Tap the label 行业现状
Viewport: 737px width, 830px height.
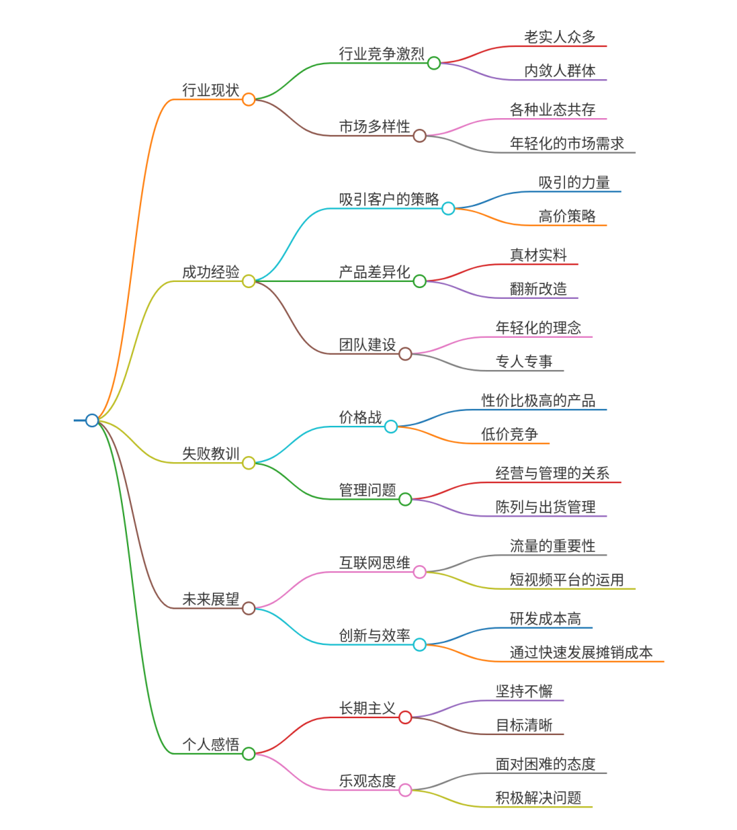[x=211, y=90]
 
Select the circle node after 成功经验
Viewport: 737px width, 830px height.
[x=248, y=281]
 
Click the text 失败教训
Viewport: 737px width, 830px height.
[x=211, y=453]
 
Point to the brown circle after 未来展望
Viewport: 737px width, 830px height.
[x=248, y=608]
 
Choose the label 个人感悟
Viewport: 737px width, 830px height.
[x=211, y=745]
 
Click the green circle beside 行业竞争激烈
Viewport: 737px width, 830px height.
[x=434, y=63]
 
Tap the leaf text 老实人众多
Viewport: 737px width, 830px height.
[x=560, y=37]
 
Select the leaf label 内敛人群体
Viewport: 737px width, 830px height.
[x=560, y=71]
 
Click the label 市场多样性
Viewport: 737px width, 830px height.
[x=375, y=126]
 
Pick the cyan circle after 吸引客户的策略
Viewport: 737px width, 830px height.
[x=448, y=209]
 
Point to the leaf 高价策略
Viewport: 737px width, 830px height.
[x=567, y=216]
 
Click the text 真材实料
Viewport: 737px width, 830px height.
[x=538, y=255]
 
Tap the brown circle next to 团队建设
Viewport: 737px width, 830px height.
[x=405, y=354]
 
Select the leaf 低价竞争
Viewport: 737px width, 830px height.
[x=510, y=434]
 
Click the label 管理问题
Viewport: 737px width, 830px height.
[x=367, y=490]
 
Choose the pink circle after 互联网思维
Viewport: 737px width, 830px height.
[x=420, y=572]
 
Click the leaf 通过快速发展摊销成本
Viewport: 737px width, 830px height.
[x=581, y=653]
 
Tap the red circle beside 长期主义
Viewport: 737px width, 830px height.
[x=405, y=717]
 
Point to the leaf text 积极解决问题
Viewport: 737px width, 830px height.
[x=538, y=798]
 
